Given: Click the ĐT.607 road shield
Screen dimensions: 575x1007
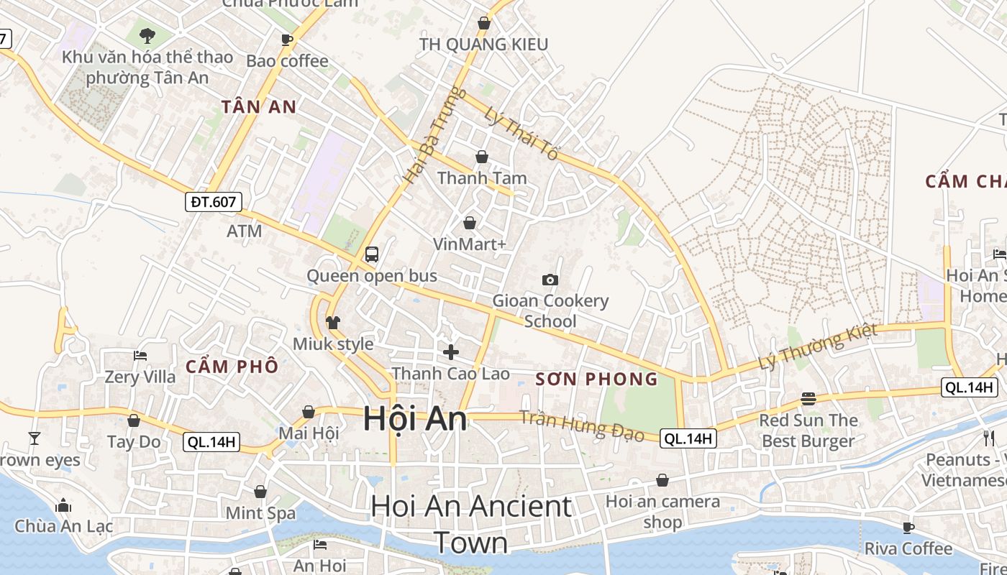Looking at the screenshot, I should click(x=214, y=202).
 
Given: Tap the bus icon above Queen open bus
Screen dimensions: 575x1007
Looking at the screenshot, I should click(x=372, y=254).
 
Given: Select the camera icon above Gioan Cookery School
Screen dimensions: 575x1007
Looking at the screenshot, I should click(x=550, y=280).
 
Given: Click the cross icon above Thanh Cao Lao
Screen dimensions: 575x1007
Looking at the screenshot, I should click(x=451, y=351).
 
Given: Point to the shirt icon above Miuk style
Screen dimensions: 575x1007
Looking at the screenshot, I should click(x=332, y=323).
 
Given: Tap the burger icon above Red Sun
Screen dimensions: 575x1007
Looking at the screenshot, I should click(x=808, y=399).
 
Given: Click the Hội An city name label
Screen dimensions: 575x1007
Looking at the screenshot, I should click(x=414, y=418).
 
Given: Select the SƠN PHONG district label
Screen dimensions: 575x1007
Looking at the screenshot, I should click(x=597, y=379).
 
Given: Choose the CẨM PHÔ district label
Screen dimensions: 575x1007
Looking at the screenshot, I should click(x=232, y=367).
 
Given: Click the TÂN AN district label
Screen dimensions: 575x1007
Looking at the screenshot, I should click(x=259, y=107).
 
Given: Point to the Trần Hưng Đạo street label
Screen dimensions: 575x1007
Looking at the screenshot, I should click(x=581, y=425).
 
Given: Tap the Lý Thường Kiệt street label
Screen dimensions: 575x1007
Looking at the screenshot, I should click(x=819, y=347).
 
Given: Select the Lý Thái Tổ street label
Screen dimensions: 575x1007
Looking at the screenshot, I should click(x=522, y=134).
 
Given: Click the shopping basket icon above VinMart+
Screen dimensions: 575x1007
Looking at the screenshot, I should click(x=470, y=223).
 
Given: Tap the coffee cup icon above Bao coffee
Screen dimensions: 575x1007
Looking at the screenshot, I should click(x=287, y=40).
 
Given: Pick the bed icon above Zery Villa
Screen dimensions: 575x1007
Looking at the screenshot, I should click(x=140, y=356).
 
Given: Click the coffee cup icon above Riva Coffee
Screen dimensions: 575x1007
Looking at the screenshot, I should click(x=908, y=528).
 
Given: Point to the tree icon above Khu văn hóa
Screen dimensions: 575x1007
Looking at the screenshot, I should click(x=147, y=34).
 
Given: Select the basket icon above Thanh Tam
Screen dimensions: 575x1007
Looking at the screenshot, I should click(x=482, y=157).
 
